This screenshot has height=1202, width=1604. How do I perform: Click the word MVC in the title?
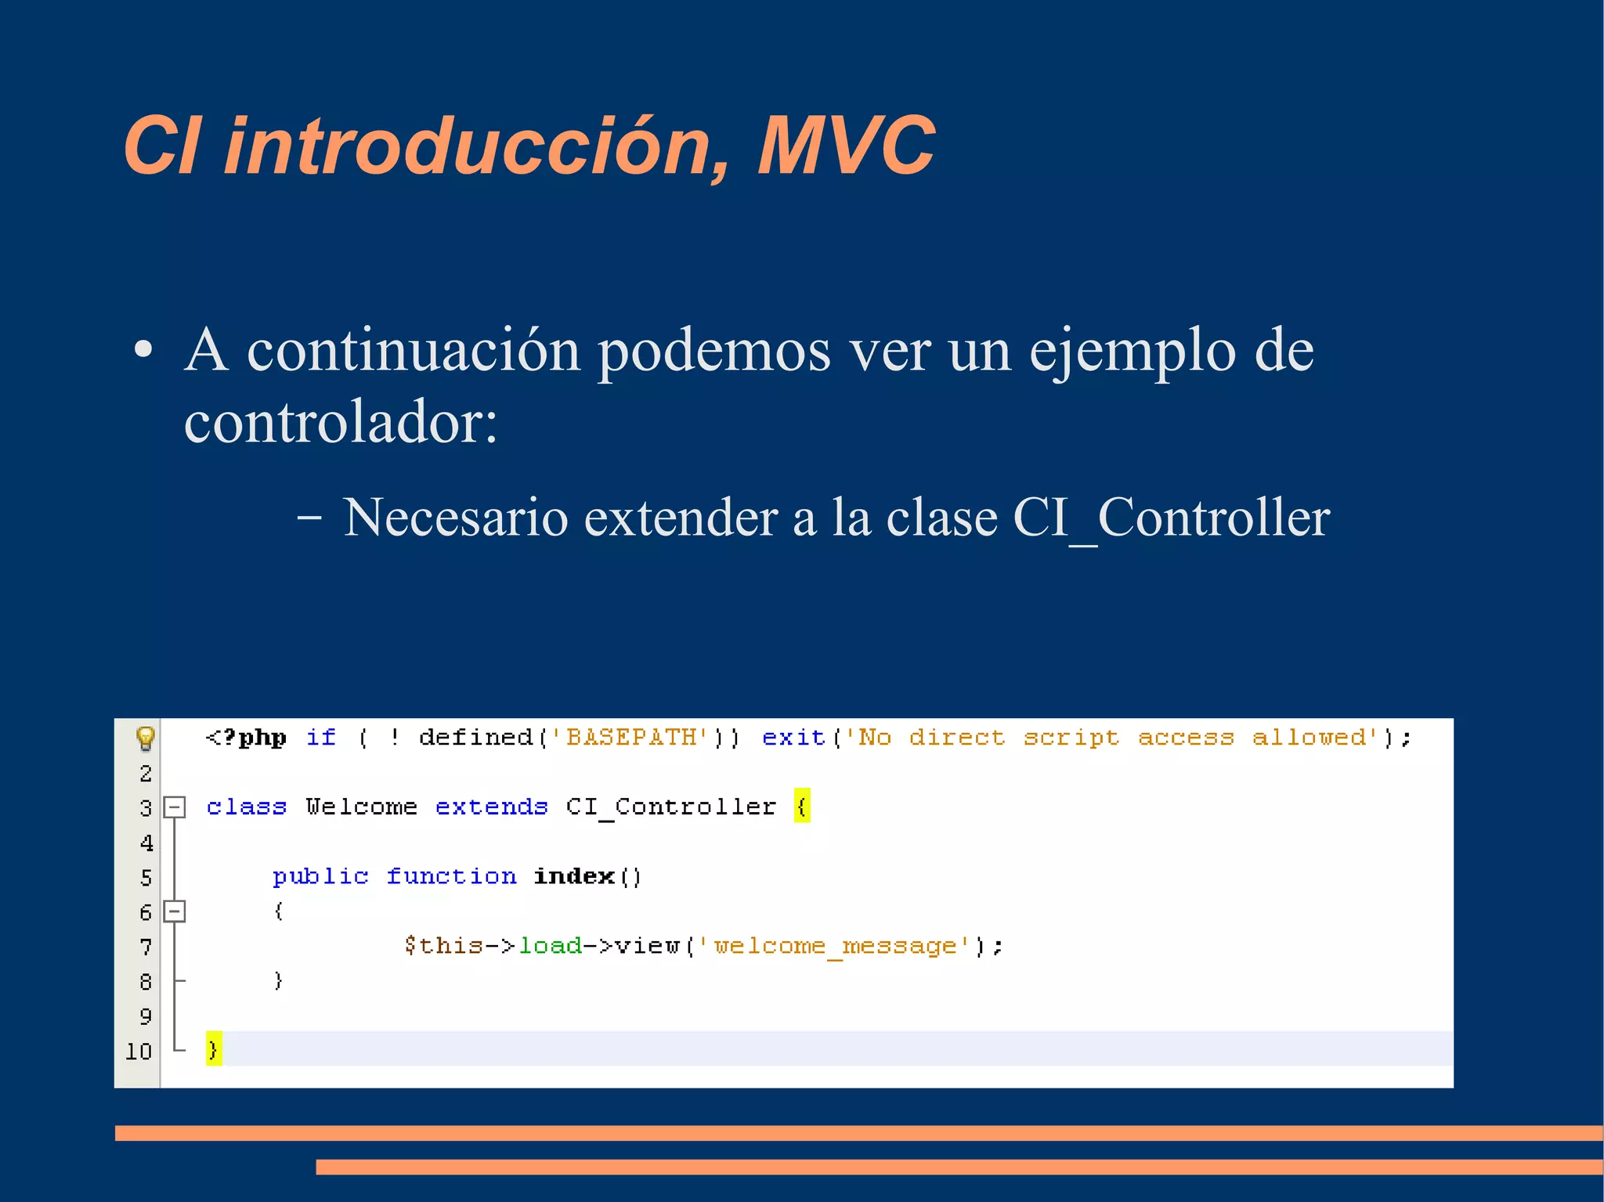click(x=846, y=146)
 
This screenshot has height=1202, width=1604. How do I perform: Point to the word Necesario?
click(x=455, y=518)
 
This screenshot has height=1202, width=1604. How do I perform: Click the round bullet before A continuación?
click(x=143, y=352)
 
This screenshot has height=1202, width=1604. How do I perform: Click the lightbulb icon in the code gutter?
click(x=146, y=738)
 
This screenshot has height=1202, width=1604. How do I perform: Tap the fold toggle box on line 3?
click(x=175, y=807)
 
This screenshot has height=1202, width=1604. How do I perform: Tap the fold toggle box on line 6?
click(x=175, y=911)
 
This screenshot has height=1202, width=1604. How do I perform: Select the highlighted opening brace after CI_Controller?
click(x=801, y=806)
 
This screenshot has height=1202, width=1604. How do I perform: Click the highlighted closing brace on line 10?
click(x=214, y=1049)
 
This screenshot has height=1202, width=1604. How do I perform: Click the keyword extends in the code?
click(x=491, y=807)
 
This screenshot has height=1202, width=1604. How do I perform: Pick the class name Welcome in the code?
click(x=361, y=807)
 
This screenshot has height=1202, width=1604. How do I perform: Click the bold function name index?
click(x=574, y=876)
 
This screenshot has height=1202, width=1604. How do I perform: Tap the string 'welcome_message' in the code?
click(x=834, y=946)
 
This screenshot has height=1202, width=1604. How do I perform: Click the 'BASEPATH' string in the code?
click(x=630, y=738)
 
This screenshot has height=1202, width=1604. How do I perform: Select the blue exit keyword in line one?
click(x=793, y=738)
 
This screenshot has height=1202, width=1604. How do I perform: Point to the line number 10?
click(x=139, y=1051)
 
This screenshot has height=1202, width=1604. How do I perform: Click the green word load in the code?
click(x=550, y=946)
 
